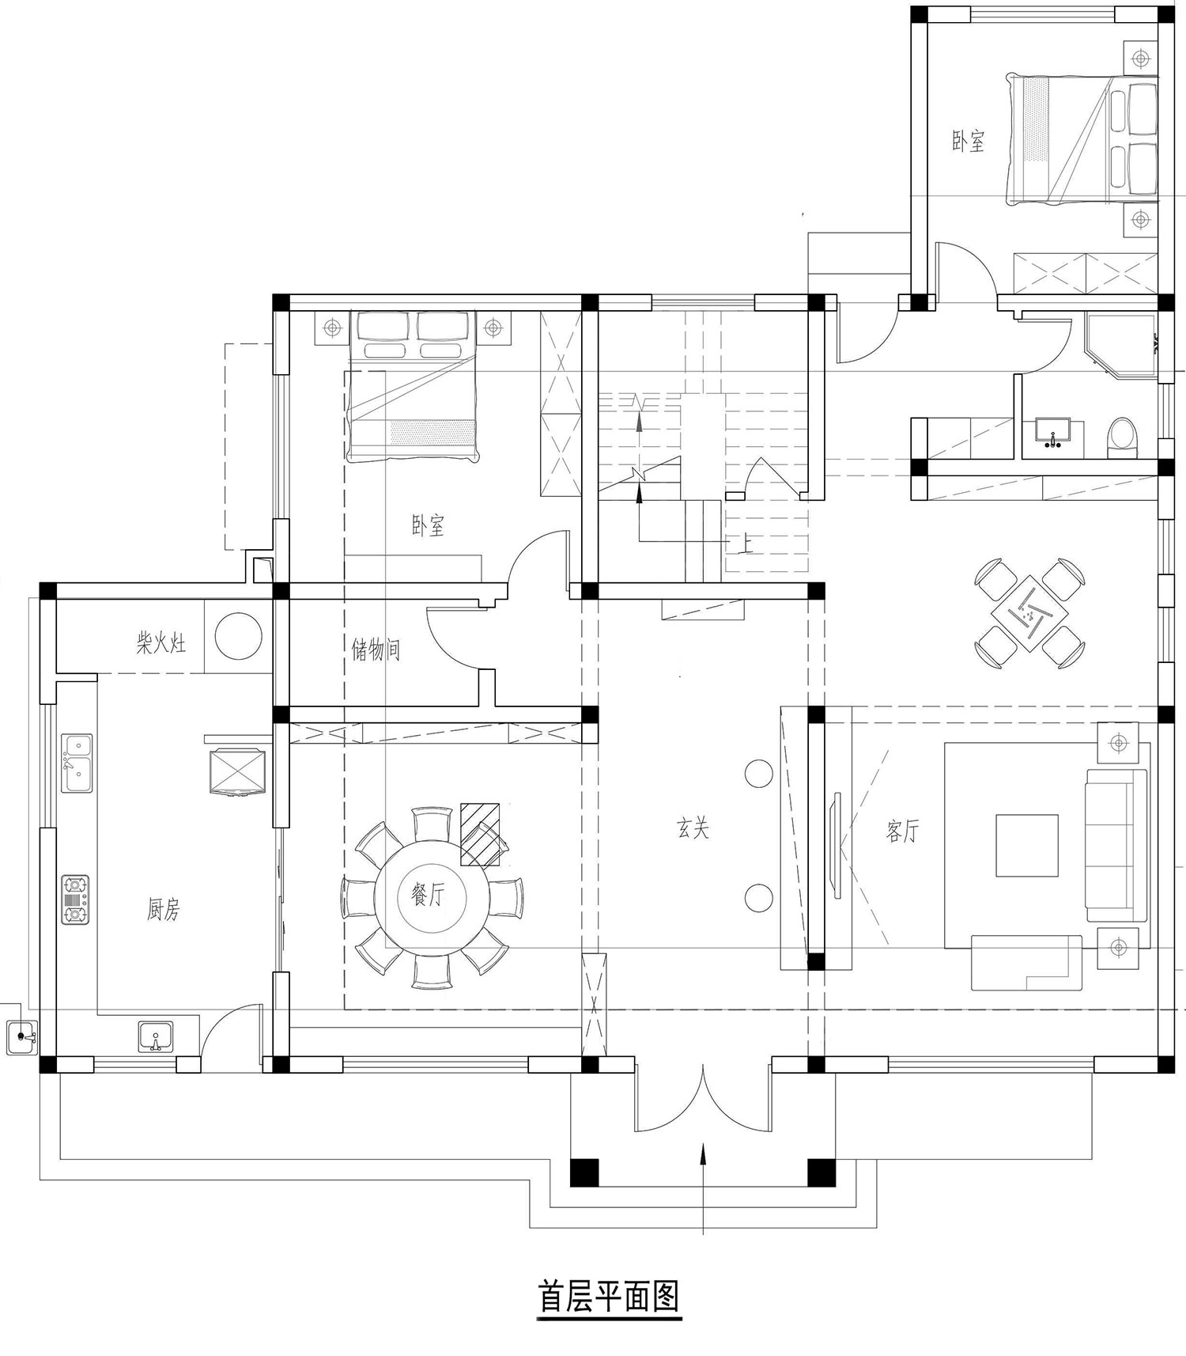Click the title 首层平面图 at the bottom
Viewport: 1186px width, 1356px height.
point(608,1297)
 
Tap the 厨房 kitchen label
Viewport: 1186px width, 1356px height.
point(164,910)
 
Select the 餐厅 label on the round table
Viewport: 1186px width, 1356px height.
point(428,896)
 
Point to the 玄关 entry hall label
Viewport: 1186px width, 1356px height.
point(693,828)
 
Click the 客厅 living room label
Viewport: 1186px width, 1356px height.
point(902,831)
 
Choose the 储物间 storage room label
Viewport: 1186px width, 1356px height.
point(376,650)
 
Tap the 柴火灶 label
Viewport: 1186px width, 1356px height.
point(161,642)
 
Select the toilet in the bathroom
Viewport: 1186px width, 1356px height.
point(1120,436)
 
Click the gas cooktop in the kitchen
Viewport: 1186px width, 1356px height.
point(75,900)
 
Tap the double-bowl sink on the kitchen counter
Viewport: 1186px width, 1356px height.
point(77,763)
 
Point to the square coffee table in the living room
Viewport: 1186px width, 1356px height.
point(1026,845)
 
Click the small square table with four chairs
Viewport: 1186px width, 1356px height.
point(1028,611)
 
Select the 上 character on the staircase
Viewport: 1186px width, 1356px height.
point(744,542)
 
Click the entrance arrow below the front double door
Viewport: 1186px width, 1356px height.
point(703,1187)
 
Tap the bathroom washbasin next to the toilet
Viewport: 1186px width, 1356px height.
point(1052,432)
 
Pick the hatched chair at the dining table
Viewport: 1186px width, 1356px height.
point(481,834)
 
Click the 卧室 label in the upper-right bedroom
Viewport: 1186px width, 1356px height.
point(968,142)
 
